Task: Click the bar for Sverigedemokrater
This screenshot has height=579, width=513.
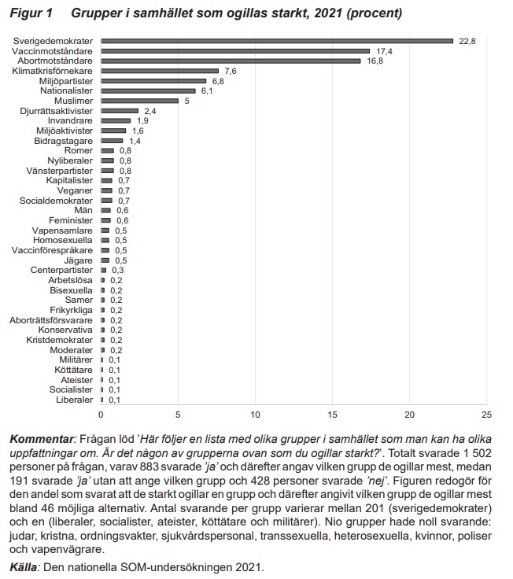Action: click(277, 41)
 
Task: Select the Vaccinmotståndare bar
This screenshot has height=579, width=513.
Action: click(235, 51)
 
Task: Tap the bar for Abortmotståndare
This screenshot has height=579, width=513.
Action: click(231, 61)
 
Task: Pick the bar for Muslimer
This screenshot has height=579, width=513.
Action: click(139, 101)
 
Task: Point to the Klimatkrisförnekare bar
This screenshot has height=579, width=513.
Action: click(160, 71)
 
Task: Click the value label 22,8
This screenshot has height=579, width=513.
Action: click(467, 42)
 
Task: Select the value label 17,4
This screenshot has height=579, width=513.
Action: click(384, 51)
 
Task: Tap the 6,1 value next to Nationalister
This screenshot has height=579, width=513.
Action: click(207, 90)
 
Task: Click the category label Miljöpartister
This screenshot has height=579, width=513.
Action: click(66, 81)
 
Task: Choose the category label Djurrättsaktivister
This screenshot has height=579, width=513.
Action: click(57, 111)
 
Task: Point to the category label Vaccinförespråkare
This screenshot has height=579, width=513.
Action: click(52, 250)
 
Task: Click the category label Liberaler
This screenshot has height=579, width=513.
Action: click(74, 400)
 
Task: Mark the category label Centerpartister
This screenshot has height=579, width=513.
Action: click(61, 271)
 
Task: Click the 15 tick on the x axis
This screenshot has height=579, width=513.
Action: click(332, 415)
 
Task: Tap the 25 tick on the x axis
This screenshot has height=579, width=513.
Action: click(487, 415)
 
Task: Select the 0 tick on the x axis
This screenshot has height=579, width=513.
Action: click(101, 415)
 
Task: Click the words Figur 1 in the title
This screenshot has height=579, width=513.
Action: click(31, 13)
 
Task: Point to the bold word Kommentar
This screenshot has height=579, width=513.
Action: click(42, 440)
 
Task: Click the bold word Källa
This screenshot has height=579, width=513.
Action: click(24, 567)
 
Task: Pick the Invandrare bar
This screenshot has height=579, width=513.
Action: click(116, 120)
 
